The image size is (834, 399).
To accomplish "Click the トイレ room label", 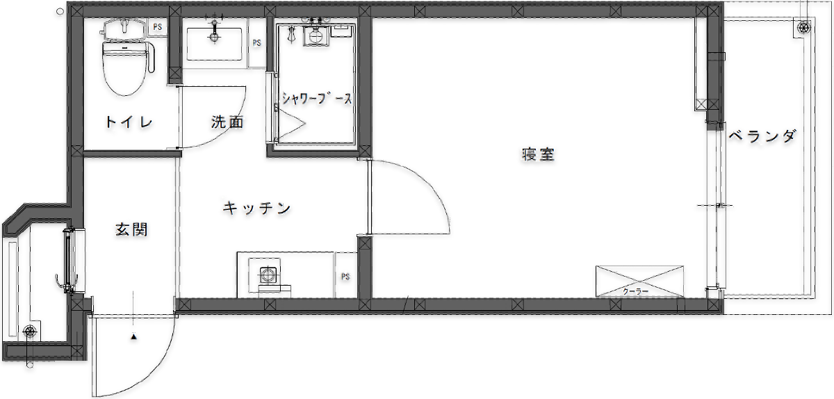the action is pos(129,122).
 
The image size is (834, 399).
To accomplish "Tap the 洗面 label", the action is pos(227,122).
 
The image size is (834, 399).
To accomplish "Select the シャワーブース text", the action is pos(316,99).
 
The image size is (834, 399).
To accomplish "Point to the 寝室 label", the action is pos(538,154).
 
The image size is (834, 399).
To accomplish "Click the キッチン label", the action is pos(257,208).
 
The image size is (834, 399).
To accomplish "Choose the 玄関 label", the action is pos(131,229).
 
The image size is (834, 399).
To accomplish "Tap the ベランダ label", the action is pos(762,136).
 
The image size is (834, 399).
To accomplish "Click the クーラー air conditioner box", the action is pos(639,282).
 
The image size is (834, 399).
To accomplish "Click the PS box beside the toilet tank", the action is pos(158,27).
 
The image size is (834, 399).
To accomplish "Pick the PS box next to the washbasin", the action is pos(257,43).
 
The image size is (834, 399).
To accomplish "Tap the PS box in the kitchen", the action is pos(345,276).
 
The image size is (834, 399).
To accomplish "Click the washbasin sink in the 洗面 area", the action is pos(214,44).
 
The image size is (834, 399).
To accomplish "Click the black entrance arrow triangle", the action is pos(133,337).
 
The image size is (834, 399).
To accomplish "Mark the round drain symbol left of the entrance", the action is pos(29,332).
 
